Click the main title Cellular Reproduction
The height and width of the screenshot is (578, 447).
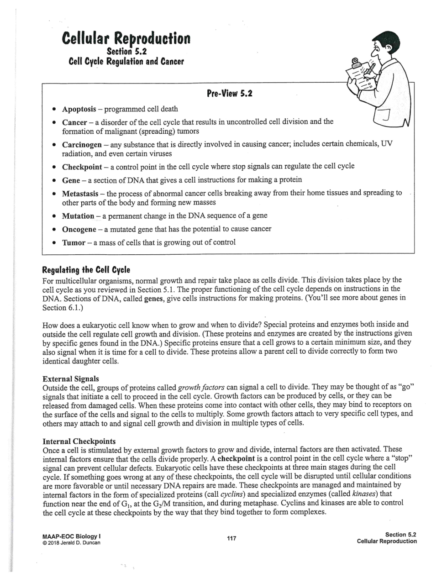click(126, 38)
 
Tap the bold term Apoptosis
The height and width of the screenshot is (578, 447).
click(79, 109)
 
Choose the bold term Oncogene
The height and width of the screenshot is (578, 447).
click(79, 229)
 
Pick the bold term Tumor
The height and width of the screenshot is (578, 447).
click(74, 242)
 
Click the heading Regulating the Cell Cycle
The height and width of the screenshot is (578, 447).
click(86, 269)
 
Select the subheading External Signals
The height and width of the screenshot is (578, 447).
click(70, 378)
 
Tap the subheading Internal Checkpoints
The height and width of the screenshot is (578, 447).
click(79, 441)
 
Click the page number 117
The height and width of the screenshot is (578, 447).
click(231, 538)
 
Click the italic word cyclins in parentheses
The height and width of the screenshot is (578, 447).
click(231, 494)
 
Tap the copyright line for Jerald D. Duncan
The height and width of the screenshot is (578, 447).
click(71, 542)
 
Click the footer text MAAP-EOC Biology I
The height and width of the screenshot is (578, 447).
click(71, 536)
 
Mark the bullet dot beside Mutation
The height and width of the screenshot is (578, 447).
click(54, 216)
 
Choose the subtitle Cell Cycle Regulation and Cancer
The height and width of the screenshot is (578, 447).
click(126, 61)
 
